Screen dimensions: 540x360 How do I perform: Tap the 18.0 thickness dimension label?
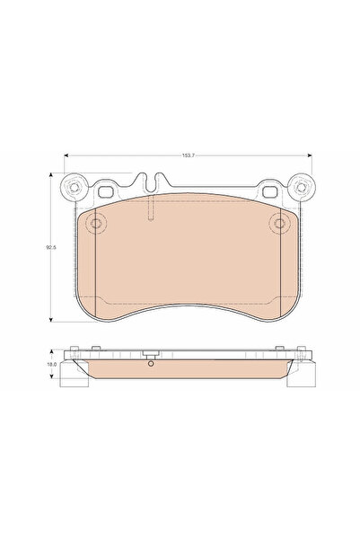[52, 365]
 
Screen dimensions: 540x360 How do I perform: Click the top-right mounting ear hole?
[301, 190]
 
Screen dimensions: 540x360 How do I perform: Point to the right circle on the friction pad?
[278, 224]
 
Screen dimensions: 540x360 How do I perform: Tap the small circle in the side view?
[151, 364]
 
